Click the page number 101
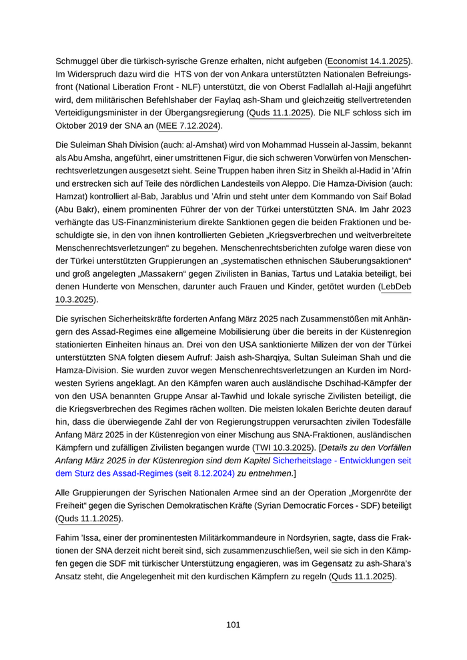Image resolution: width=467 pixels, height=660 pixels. pos(233,625)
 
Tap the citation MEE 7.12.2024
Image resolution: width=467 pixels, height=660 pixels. pos(189,125)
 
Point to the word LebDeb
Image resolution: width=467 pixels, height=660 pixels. pos(396,287)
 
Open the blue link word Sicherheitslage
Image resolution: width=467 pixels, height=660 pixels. pos(305,461)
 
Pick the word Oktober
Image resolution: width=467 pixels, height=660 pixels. pos(72,125)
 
